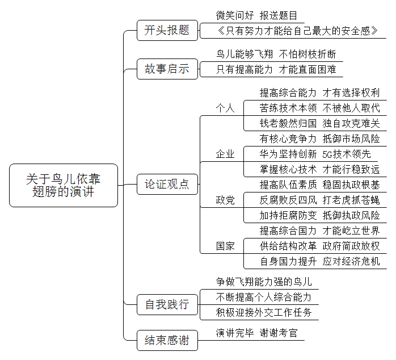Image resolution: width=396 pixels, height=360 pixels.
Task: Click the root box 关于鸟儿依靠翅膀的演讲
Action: pyautogui.click(x=64, y=185)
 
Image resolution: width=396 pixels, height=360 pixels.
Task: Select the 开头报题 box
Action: pyautogui.click(x=167, y=30)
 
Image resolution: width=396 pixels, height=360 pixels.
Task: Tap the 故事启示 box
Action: pyautogui.click(x=167, y=69)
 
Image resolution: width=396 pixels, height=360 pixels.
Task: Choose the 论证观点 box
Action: pyautogui.click(x=167, y=185)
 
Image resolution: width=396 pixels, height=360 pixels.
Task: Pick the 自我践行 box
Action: pyautogui.click(x=167, y=304)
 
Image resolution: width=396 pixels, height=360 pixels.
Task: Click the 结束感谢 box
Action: pyautogui.click(x=167, y=340)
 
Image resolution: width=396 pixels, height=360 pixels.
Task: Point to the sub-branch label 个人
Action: pyautogui.click(x=225, y=108)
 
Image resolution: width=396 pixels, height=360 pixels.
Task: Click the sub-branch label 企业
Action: pyautogui.click(x=225, y=154)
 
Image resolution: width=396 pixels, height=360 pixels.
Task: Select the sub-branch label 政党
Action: pyautogui.click(x=225, y=200)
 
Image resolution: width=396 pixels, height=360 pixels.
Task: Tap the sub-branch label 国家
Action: pyautogui.click(x=225, y=246)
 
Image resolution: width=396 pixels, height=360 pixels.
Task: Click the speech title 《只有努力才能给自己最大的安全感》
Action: pyautogui.click(x=297, y=31)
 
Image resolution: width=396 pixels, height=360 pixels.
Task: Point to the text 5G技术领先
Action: pyautogui.click(x=347, y=154)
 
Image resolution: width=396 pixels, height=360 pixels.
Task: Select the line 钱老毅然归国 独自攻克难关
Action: pyautogui.click(x=320, y=124)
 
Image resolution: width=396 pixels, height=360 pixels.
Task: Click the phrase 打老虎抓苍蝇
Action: pyautogui.click(x=351, y=200)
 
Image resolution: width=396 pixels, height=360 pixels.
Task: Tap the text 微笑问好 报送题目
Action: pyautogui.click(x=256, y=16)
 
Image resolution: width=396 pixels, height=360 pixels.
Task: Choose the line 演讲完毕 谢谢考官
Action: pyautogui.click(x=256, y=333)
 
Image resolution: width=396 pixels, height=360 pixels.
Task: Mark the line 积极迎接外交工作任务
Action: pyautogui.click(x=264, y=312)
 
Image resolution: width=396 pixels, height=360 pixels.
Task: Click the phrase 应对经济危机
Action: pyautogui.click(x=351, y=261)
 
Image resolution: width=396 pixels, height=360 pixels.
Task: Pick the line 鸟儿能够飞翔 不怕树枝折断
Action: pyautogui.click(x=276, y=55)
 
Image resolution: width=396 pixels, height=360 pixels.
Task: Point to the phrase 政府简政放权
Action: pyautogui.click(x=351, y=246)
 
